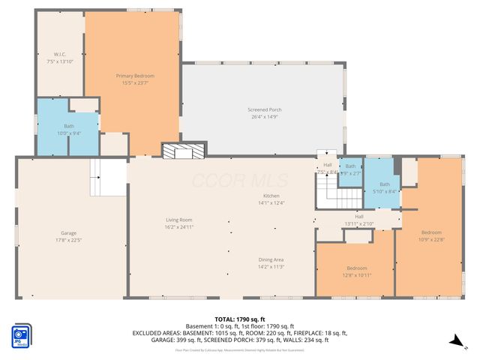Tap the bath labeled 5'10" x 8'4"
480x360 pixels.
(384, 187)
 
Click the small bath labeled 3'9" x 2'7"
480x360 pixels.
(350, 170)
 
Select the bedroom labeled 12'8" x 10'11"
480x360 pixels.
(356, 271)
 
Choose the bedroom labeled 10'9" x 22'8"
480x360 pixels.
(431, 235)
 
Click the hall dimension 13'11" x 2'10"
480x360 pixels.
(359, 220)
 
